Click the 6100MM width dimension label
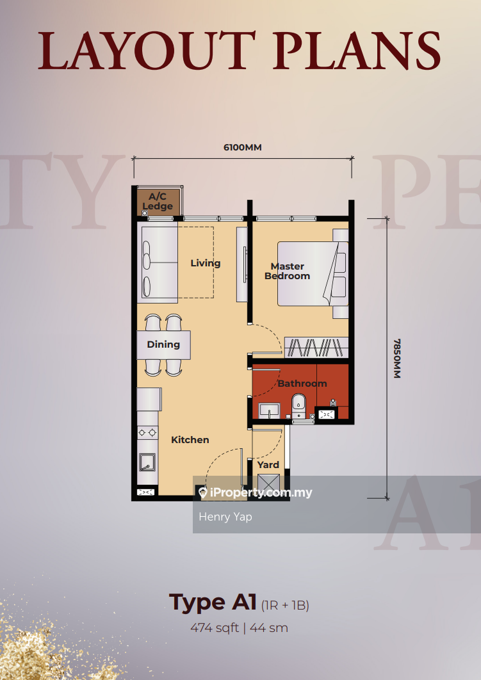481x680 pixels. coord(243,147)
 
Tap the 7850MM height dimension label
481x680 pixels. coord(397,359)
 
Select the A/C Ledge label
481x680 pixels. coord(158,202)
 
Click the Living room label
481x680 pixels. coord(206,263)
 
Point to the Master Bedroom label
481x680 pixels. coord(287,271)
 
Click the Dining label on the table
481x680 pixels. coord(163,344)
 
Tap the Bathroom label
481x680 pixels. coord(302,384)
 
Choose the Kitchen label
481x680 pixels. coord(190,440)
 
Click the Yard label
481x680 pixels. coord(268,465)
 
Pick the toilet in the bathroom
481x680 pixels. coord(298,406)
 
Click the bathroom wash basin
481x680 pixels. coord(270,410)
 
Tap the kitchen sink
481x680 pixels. coord(147,462)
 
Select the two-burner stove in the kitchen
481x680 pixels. coord(147,432)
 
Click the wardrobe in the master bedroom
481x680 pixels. coord(316,348)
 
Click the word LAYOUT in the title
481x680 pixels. coord(147,51)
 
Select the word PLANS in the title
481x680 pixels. coord(357,51)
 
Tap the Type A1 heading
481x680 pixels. coord(213,603)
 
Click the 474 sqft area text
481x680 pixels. coord(215,627)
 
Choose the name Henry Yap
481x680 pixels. coord(225,517)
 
